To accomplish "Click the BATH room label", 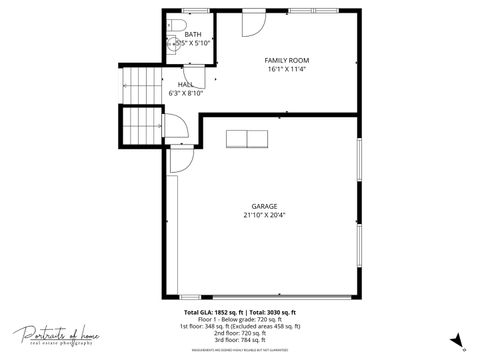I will point(192,34).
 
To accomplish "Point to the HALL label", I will point(186,84).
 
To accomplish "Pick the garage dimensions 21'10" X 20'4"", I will point(264,214).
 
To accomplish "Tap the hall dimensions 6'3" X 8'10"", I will point(186,93).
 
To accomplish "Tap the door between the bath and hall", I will point(191,61).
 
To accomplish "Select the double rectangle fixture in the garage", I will point(247,139).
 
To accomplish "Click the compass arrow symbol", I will point(456,340).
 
